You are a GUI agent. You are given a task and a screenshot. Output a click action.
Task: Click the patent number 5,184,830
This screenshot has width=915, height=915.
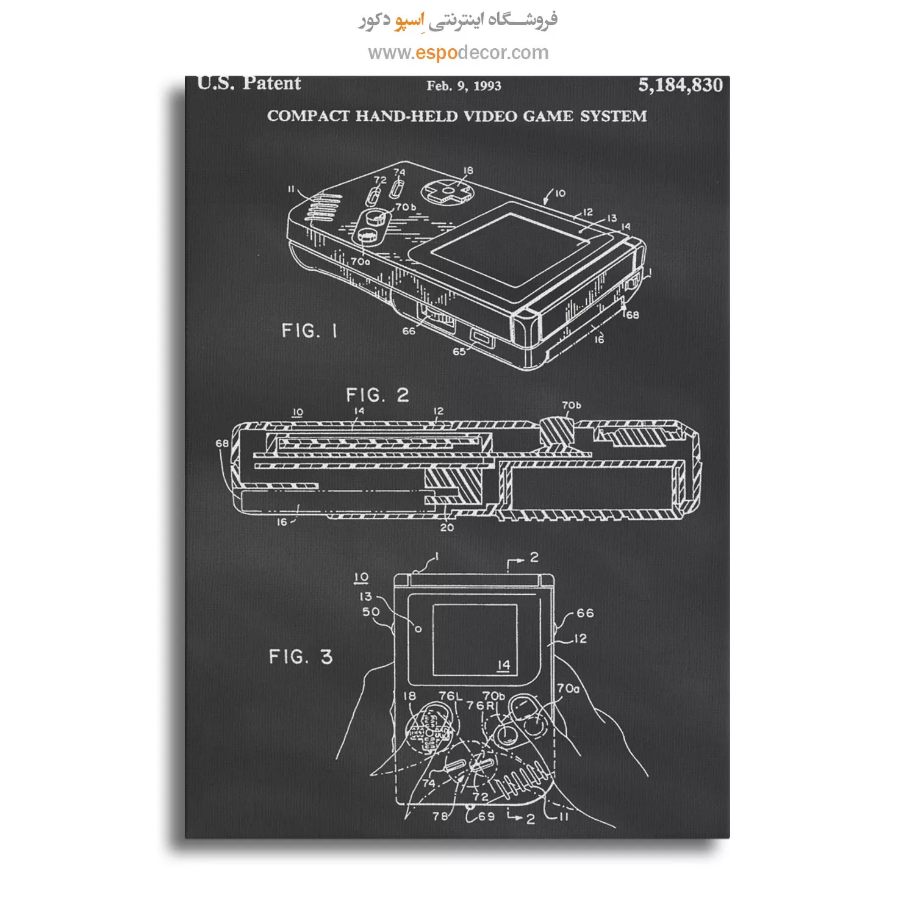680,85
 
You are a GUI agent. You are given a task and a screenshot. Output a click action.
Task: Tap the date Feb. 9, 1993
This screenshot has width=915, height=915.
464,86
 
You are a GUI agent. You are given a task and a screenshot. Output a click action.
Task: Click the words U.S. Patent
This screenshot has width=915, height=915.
249,83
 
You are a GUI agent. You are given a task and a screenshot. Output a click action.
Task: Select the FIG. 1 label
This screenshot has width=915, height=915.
309,331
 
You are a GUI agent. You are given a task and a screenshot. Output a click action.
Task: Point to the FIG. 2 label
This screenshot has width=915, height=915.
378,395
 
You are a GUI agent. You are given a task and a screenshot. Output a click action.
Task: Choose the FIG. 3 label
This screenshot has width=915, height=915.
301,656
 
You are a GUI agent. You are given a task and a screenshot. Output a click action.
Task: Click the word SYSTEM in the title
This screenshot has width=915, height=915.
613,116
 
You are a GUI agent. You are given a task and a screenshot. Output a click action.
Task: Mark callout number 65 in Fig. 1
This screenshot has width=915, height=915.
459,351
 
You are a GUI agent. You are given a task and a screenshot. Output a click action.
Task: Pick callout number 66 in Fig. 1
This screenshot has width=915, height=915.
408,331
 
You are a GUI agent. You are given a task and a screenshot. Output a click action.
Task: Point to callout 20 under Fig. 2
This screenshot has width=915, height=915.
447,527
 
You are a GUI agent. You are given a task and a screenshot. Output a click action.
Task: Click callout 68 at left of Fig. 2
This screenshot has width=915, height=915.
222,443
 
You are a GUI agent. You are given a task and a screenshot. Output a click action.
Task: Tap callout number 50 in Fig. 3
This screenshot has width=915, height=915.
370,612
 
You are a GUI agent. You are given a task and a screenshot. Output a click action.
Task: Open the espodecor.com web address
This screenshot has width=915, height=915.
458,52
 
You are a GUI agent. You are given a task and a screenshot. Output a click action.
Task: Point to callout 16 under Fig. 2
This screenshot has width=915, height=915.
282,522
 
